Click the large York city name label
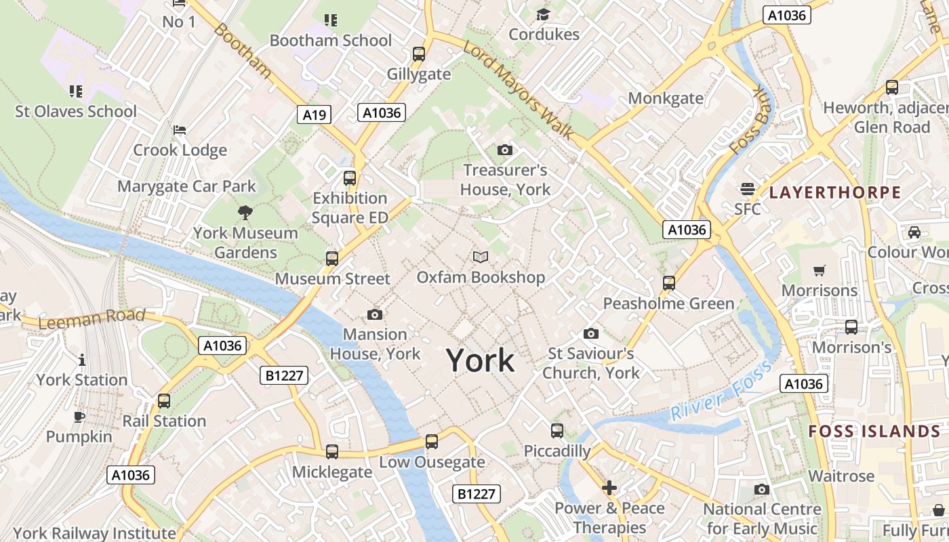pos(481,360)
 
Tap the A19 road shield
pos(314,114)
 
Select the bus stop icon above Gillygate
pos(419,54)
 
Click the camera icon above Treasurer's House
pos(505,150)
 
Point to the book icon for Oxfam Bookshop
pos(481,257)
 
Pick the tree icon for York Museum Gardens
pos(245,213)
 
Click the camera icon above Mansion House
pos(374,314)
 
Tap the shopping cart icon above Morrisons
pos(820,271)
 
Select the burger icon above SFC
pos(748,188)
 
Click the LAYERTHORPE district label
pos(835,192)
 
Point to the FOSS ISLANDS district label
pos(874,432)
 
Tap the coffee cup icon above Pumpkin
pos(79,416)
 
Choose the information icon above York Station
pos(82,360)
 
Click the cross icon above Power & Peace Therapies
pos(609,488)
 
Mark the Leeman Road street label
pos(92,318)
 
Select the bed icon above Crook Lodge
pos(180,130)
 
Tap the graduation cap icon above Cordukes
pos(544,15)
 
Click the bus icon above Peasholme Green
pos(669,283)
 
